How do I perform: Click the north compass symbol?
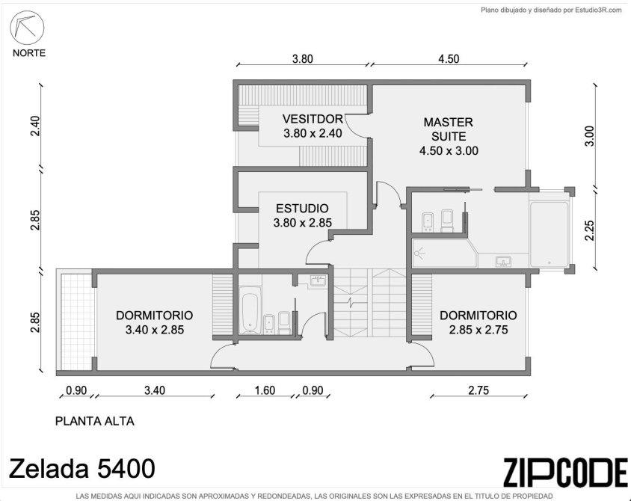[x=27, y=28]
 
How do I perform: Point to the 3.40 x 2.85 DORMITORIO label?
[x=155, y=322]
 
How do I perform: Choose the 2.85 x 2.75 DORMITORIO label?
[x=478, y=322]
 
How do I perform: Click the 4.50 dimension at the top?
[x=449, y=59]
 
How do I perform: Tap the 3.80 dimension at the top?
[x=302, y=59]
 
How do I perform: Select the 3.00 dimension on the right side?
[x=589, y=136]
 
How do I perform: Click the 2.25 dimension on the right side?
[x=589, y=230]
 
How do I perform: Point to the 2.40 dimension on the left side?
[x=35, y=126]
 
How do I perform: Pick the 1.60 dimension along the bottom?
[x=265, y=390]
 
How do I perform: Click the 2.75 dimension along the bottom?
[x=478, y=390]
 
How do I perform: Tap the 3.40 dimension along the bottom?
[x=155, y=390]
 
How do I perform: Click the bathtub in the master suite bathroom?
[x=550, y=234]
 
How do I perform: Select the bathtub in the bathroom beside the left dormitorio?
[x=250, y=313]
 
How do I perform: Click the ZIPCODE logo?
[x=565, y=473]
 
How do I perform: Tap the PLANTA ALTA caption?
[x=94, y=421]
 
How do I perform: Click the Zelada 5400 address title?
[x=81, y=468]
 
